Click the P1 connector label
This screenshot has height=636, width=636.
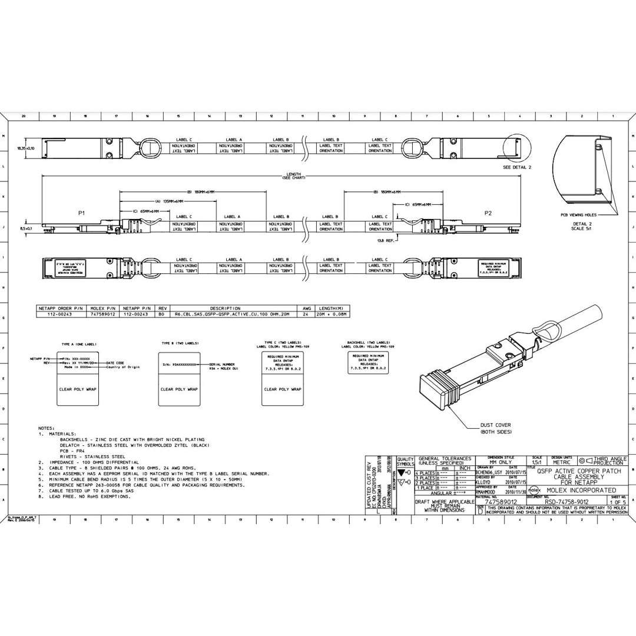[x=81, y=213]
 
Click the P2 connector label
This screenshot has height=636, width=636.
[x=488, y=213]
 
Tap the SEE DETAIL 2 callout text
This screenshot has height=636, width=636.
[x=517, y=167]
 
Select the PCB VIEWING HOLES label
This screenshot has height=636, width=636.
[x=578, y=216]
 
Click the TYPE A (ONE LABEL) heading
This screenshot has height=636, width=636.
[x=79, y=343]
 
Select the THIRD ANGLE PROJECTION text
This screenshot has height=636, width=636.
[x=609, y=461]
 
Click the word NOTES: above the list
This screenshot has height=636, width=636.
[x=46, y=428]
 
